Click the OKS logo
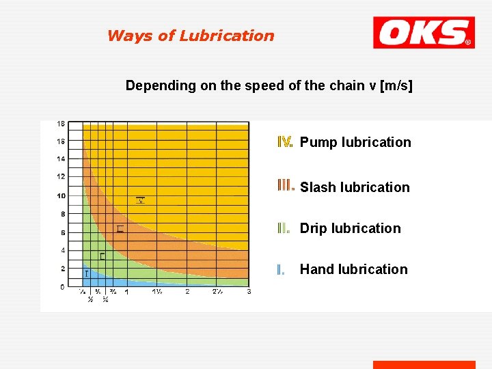[423, 33]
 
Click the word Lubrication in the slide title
[227, 36]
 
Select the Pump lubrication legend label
[355, 142]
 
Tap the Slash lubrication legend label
[355, 187]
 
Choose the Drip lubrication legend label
[350, 228]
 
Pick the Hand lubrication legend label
[353, 269]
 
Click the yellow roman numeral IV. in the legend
[286, 142]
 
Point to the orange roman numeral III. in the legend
[286, 186]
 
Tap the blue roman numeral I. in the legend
[280, 269]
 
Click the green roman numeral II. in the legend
[284, 228]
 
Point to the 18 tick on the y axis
[61, 124]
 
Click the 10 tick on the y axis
[61, 196]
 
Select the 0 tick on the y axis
[62, 287]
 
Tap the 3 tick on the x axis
[249, 292]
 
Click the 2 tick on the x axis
[187, 292]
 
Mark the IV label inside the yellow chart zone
[140, 200]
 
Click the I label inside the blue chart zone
[87, 273]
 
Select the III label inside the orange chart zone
[120, 229]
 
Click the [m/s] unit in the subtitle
[396, 85]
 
